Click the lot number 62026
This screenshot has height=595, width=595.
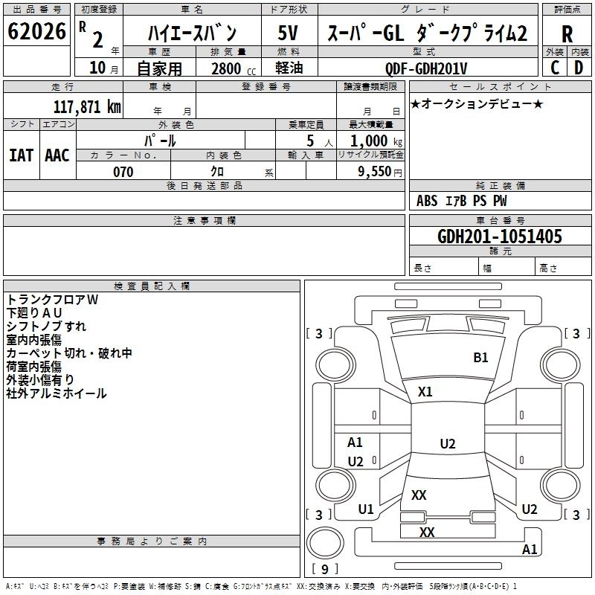click(x=36, y=31)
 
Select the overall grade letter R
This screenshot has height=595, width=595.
click(x=567, y=34)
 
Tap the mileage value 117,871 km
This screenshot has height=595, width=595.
click(x=87, y=107)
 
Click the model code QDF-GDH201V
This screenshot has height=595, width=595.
click(x=426, y=68)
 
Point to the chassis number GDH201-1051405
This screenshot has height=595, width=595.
click(x=500, y=237)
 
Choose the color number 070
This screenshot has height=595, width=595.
click(x=123, y=172)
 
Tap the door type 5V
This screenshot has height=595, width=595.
click(x=288, y=33)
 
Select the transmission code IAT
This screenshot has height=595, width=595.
click(x=22, y=155)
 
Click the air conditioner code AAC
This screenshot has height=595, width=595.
click(x=57, y=155)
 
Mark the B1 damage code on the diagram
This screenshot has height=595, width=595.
click(x=480, y=358)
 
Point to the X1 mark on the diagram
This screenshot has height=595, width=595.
click(x=425, y=392)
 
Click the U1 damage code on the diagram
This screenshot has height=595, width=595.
click(x=366, y=509)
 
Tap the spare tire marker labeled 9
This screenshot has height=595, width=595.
click(x=325, y=569)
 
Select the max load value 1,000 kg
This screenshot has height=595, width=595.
click(x=376, y=141)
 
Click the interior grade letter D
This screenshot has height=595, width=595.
click(x=579, y=68)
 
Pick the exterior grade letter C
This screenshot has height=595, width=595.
click(x=555, y=68)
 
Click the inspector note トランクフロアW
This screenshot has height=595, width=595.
click(x=52, y=300)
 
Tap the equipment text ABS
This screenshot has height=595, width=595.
click(x=427, y=201)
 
